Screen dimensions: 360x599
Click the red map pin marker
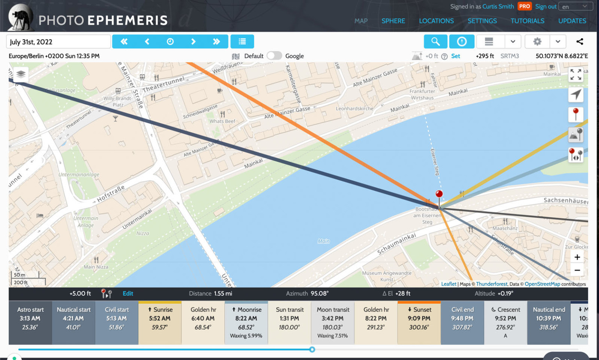(439, 194)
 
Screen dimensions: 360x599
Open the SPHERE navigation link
(393, 21)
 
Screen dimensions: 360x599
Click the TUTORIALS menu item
(527, 21)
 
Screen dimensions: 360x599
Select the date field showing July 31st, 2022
(58, 42)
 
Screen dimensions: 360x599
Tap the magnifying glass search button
(435, 41)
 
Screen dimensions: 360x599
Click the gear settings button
(537, 41)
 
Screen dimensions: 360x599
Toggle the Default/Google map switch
(274, 56)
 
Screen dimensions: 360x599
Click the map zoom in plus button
(577, 257)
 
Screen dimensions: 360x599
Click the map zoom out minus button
(577, 270)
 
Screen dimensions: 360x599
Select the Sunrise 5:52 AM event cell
(160, 322)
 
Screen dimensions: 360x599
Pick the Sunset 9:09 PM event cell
(419, 322)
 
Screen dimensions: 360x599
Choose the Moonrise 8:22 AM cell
(246, 322)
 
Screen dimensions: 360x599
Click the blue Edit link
(128, 293)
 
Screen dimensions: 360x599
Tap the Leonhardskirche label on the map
(354, 108)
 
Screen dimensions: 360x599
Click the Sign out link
(546, 7)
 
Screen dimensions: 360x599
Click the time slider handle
(312, 349)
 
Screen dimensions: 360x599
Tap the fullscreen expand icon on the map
(576, 74)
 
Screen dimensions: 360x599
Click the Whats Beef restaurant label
(222, 121)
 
